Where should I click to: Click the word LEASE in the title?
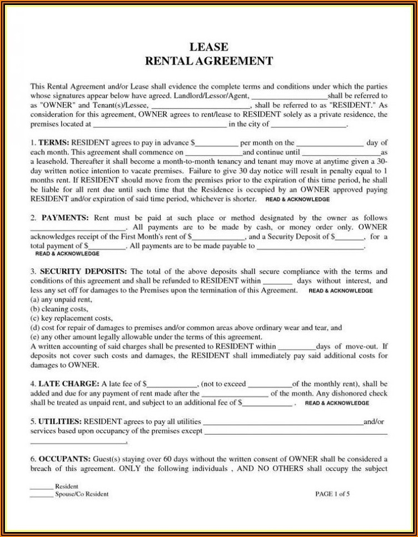click(208, 47)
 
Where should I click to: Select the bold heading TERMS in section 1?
click(53, 143)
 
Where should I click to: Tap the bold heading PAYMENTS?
click(64, 218)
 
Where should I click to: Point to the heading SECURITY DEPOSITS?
click(82, 272)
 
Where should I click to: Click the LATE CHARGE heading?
click(68, 384)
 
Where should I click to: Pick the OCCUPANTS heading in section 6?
click(64, 459)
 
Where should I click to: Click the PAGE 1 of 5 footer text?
click(333, 494)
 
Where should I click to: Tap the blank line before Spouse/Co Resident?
click(41, 494)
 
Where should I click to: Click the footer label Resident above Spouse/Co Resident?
click(66, 486)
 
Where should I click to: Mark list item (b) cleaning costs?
click(60, 309)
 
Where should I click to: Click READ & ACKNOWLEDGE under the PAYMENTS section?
click(67, 253)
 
